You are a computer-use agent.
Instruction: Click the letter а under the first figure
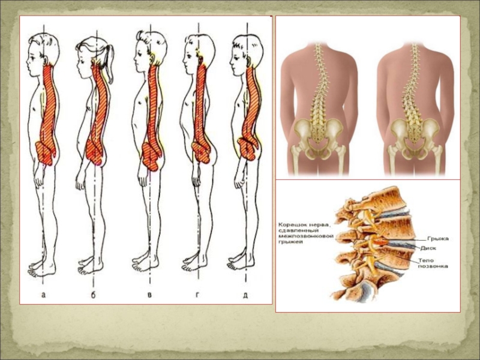pos(43,295)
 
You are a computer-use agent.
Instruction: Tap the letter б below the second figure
pos(93,295)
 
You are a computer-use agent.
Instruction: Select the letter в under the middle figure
pos(148,295)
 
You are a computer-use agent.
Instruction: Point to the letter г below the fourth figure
pos(197,295)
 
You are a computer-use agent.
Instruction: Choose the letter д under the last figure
pos(245,295)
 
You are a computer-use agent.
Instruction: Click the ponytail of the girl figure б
pos(109,57)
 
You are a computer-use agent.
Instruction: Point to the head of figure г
pos(200,48)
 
